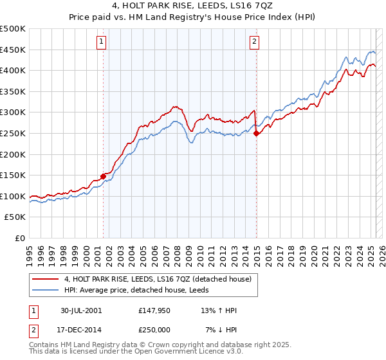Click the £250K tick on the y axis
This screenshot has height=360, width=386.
pos(14,133)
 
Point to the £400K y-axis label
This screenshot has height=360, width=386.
pos(14,70)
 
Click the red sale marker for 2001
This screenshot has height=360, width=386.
pos(104,176)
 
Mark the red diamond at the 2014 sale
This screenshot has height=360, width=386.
pos(256,134)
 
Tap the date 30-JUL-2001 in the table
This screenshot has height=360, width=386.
pos(80,310)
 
